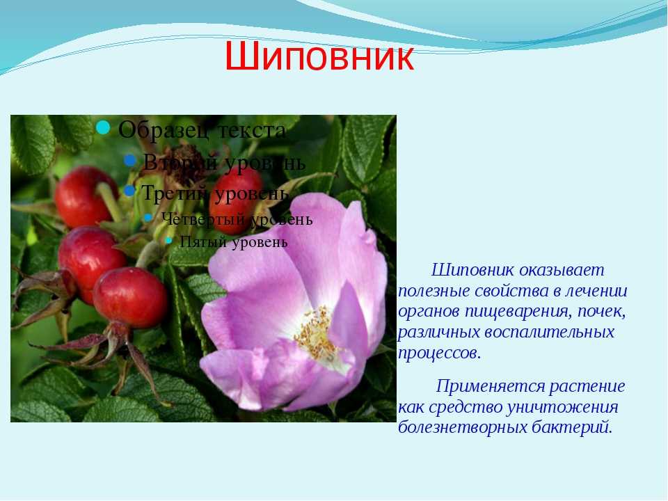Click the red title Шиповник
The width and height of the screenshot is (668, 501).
pos(319,56)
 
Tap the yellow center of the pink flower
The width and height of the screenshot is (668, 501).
pos(315,333)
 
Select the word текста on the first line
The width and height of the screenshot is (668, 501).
pos(252,131)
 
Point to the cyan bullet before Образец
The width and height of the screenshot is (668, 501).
pos(103,127)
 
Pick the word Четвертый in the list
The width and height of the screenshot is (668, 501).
pos(203,219)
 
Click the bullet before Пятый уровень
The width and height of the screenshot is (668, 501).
pos(168,240)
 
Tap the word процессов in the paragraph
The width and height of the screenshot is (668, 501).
pos(439,353)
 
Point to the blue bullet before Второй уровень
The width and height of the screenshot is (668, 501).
pos(130,161)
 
